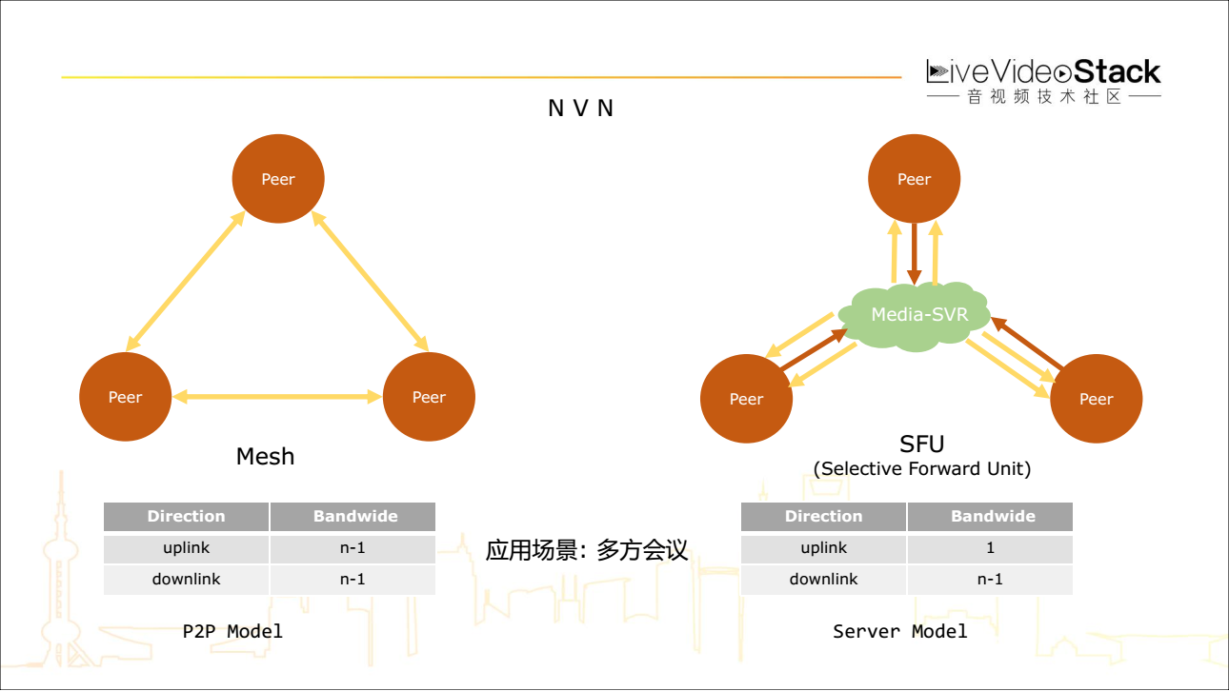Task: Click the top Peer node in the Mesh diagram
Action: coord(278,179)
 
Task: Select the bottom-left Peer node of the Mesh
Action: coord(125,397)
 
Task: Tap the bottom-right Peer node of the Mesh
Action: coord(429,397)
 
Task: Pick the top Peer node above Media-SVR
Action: coord(914,179)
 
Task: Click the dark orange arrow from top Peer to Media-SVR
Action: coord(915,253)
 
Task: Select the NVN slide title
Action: coord(581,109)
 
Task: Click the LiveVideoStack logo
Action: coord(1043,81)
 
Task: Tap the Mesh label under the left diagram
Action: coord(265,457)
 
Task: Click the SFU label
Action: coord(921,444)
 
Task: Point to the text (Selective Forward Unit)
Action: coord(921,469)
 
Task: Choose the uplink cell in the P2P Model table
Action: coord(186,548)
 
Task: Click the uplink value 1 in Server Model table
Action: coord(990,548)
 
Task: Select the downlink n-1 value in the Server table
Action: coord(990,579)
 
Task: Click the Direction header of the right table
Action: coord(823,517)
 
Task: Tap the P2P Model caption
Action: coord(232,631)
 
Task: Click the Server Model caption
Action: coord(899,631)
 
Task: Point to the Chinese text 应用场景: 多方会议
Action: coord(587,550)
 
